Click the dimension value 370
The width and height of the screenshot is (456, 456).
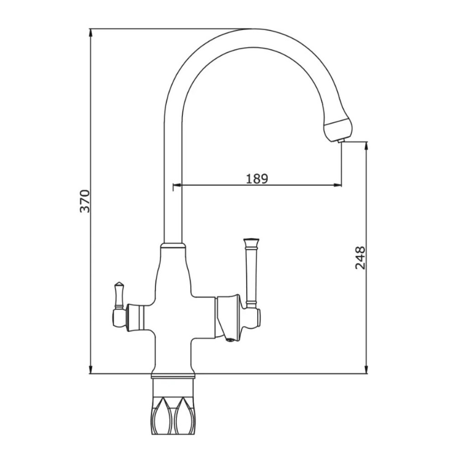(85, 201)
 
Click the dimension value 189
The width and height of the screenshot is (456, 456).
(257, 179)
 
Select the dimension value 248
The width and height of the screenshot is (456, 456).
(360, 258)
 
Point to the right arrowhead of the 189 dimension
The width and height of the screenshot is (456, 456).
(337, 185)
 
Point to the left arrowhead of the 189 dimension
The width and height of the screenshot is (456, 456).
(177, 185)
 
